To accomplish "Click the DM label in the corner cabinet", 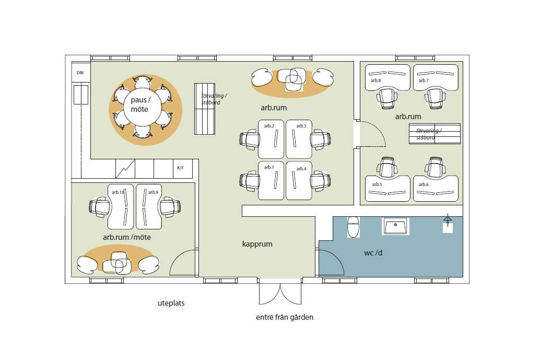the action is pyautogui.click(x=80, y=73).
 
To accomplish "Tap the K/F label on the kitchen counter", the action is pyautogui.click(x=180, y=168).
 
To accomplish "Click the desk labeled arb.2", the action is pyautogui.click(x=271, y=139).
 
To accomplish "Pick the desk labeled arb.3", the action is pyautogui.click(x=299, y=139).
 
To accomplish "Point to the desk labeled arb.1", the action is pyautogui.click(x=271, y=181).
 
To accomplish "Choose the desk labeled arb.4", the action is pyautogui.click(x=299, y=181).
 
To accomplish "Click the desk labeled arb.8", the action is pyautogui.click(x=387, y=77).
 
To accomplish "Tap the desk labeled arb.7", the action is pyautogui.click(x=436, y=77).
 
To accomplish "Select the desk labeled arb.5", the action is pyautogui.click(x=387, y=189).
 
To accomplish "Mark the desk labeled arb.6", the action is pyautogui.click(x=436, y=189).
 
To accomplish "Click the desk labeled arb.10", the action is pyautogui.click(x=121, y=207).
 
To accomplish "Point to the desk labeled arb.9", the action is pyautogui.click(x=149, y=207).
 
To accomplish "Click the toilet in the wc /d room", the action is pyautogui.click(x=353, y=227).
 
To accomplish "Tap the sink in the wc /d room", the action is pyautogui.click(x=395, y=226).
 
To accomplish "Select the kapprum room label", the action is pyautogui.click(x=257, y=244).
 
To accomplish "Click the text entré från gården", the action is pyautogui.click(x=285, y=317).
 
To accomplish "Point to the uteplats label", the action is pyautogui.click(x=171, y=303).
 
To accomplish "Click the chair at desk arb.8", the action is pyautogui.click(x=387, y=99).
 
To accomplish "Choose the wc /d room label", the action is pyautogui.click(x=373, y=253).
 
